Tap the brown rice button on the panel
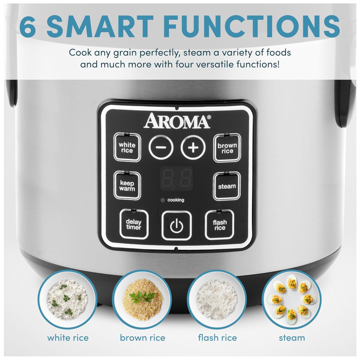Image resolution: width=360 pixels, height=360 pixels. tap(227, 148)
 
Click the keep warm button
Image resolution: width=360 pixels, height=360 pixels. tap(127, 185)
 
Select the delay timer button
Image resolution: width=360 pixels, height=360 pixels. tap(134, 224)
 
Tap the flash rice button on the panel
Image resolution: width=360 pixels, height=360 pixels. tap(220, 225)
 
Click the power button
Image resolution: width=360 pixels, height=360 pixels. tap(176, 225)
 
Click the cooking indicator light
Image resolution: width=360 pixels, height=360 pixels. tap(163, 200)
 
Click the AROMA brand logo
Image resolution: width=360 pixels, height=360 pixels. tap(177, 120)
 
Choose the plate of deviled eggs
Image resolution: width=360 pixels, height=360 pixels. tap(292, 300)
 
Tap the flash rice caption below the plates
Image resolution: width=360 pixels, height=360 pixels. tap(217, 338)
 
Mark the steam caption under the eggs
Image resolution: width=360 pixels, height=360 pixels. tap(292, 338)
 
